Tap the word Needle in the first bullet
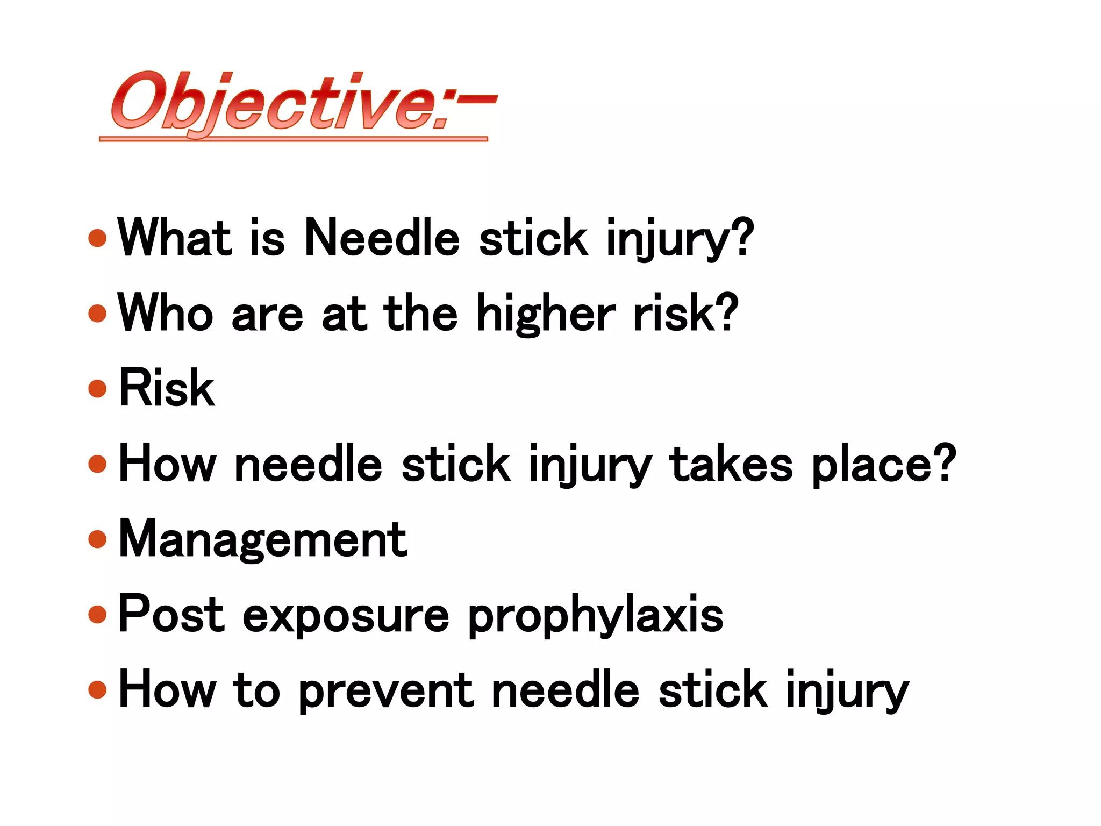point(382,238)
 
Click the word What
point(175,238)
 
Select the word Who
point(166,313)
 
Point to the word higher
point(546,315)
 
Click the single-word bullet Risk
point(167,388)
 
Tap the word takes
point(731,464)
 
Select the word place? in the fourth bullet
point(884,465)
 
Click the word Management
point(263,540)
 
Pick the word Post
point(171,614)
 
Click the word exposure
point(346,616)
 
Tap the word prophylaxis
point(596,616)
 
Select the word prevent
point(386,692)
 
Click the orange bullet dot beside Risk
point(97,388)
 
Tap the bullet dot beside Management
point(97,539)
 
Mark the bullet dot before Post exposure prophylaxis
point(97,614)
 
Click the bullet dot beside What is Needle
point(97,238)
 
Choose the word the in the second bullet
point(420,313)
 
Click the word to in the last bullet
point(256,690)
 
